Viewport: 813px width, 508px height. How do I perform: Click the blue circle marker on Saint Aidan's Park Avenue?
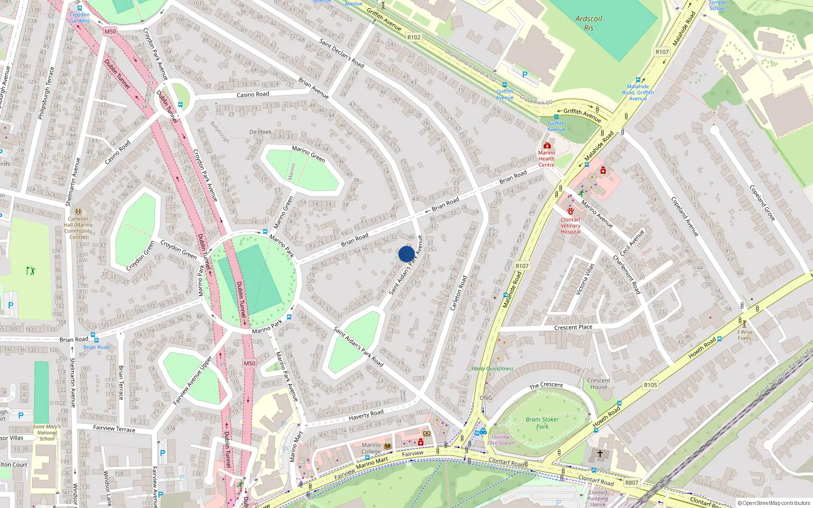(407, 254)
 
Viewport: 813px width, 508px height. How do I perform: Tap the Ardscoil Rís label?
(588, 23)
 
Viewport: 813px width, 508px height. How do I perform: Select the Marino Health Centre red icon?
(547, 145)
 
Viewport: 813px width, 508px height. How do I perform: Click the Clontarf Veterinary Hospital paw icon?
(571, 211)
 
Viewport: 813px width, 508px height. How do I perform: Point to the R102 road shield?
(414, 37)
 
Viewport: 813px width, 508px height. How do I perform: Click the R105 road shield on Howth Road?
(650, 385)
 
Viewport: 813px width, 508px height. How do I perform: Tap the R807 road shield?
(632, 483)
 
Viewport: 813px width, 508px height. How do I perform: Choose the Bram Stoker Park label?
(542, 423)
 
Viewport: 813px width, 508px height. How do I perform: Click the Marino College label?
(371, 448)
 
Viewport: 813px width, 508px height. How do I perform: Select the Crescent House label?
(599, 384)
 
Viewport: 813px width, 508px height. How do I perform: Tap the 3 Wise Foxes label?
(744, 335)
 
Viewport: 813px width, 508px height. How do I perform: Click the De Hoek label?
(260, 132)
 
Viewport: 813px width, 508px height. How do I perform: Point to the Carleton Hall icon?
(78, 211)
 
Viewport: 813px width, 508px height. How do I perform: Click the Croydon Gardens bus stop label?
(80, 18)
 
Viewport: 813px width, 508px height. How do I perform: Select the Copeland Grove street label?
(762, 203)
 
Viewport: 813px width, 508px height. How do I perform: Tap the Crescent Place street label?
(573, 327)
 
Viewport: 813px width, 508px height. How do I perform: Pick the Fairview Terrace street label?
(114, 429)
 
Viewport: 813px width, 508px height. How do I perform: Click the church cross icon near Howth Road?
(600, 454)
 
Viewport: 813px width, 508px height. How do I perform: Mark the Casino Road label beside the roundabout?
(253, 94)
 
